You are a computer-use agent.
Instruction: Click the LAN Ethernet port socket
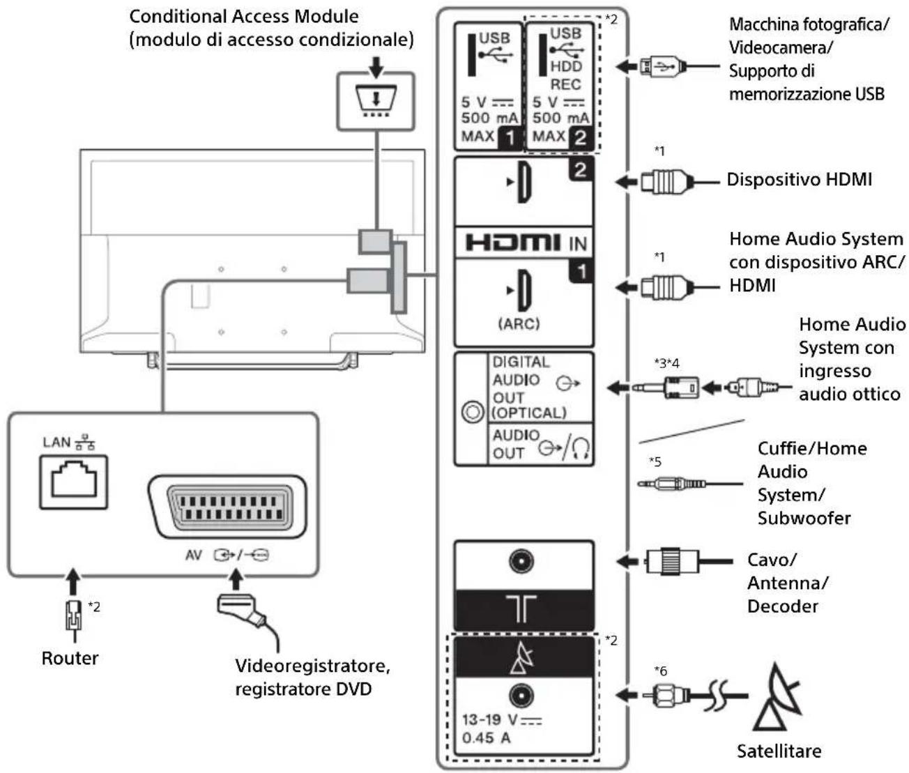(x=73, y=480)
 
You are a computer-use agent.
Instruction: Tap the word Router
(x=70, y=658)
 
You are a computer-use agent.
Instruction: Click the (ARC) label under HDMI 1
(x=519, y=324)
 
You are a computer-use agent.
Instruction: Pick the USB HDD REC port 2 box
(x=560, y=85)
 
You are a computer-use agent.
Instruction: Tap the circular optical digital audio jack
(x=472, y=412)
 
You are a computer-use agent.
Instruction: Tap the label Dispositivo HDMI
(x=799, y=180)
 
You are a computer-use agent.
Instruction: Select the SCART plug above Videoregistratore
(x=241, y=606)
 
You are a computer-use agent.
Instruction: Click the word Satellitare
(x=779, y=751)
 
